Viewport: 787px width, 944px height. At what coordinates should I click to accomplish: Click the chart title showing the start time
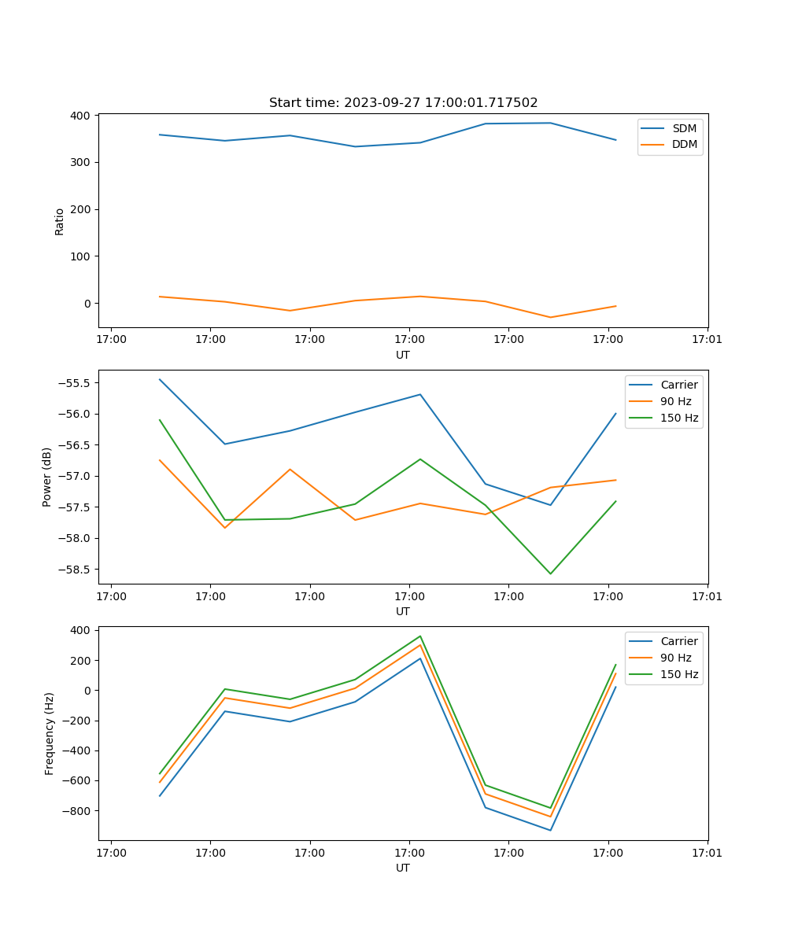[x=403, y=103]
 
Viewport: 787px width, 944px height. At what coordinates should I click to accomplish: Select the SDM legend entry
[x=684, y=128]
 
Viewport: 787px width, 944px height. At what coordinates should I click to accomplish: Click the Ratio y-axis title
[x=60, y=221]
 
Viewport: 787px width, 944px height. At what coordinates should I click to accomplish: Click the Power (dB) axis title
[x=47, y=477]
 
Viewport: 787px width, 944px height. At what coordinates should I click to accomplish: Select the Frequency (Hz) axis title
[x=50, y=733]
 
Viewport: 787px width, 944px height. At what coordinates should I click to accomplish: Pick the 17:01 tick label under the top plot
[x=708, y=340]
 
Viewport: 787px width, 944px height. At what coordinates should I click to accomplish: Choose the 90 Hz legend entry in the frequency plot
[x=675, y=658]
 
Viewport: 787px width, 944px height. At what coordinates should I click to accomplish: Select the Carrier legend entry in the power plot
[x=678, y=385]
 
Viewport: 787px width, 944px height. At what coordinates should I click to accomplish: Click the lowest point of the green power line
[x=550, y=573]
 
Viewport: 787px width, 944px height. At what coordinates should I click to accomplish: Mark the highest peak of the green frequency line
[x=420, y=636]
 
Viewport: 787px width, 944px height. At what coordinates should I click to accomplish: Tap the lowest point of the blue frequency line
[x=550, y=830]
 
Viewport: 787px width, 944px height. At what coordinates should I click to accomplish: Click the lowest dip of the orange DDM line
[x=550, y=317]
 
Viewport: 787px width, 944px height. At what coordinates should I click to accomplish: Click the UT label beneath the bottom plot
[x=403, y=868]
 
